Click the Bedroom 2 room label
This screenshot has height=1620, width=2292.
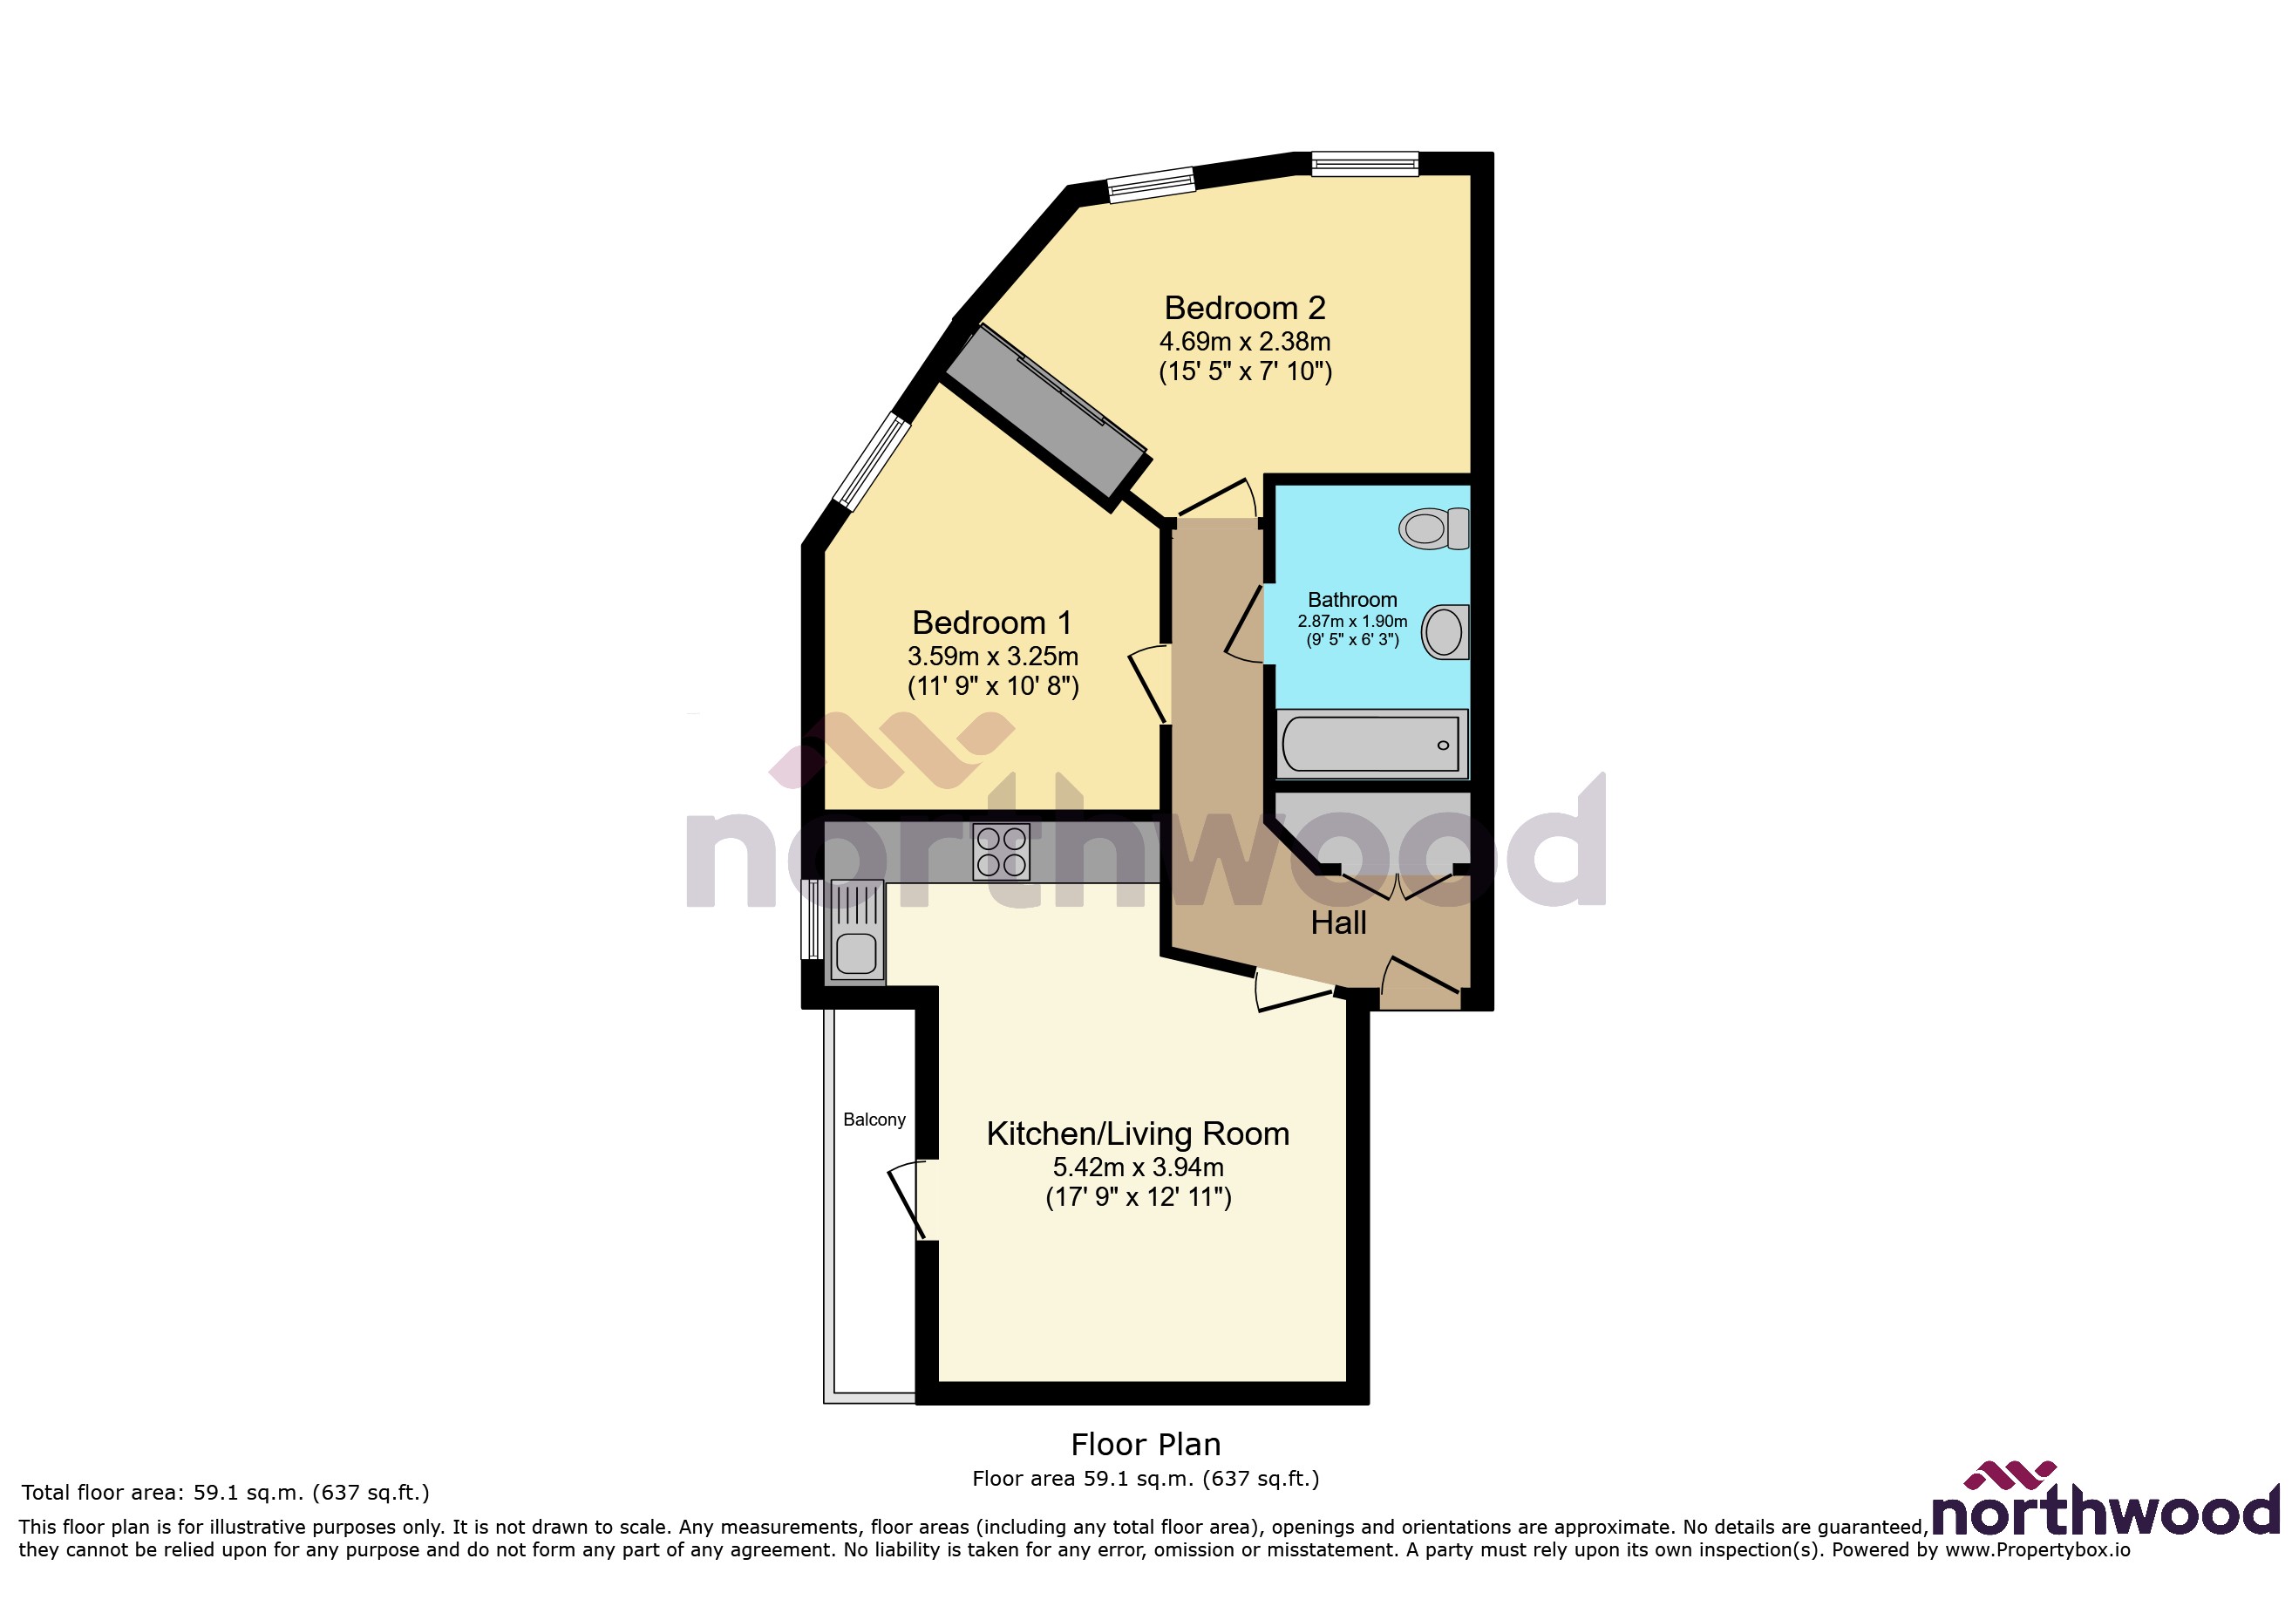(1245, 308)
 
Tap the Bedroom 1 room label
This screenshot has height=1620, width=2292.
(992, 623)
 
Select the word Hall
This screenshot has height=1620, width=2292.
(1337, 922)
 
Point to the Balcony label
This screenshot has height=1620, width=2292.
(874, 1119)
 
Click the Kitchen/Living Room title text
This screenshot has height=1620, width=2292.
(1137, 1133)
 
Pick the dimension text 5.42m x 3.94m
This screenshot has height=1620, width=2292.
(1137, 1167)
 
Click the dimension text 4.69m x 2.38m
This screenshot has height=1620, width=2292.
(1245, 342)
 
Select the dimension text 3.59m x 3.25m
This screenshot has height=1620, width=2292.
(992, 657)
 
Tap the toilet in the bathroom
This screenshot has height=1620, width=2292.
(1433, 528)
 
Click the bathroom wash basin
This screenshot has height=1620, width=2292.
(1445, 631)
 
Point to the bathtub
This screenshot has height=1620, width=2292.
(1370, 744)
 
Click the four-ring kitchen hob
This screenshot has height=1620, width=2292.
(1001, 852)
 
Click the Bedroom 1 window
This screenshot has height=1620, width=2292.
(872, 462)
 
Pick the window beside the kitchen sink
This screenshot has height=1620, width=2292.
(813, 918)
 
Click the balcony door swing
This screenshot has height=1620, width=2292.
(907, 1201)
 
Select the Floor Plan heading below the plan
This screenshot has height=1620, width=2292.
(1145, 1445)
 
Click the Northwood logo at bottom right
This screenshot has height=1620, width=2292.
(2105, 1502)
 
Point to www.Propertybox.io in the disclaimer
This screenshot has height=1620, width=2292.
(2037, 1550)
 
